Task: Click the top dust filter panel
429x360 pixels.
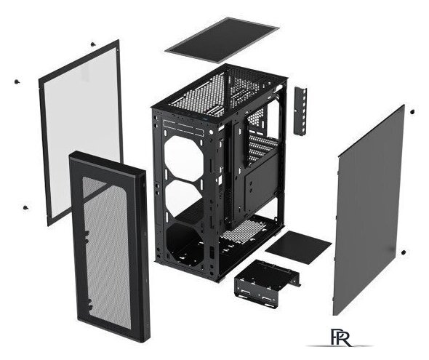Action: pyautogui.click(x=222, y=40)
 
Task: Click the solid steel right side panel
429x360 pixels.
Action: pyautogui.click(x=369, y=211)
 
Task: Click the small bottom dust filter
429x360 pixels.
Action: pyautogui.click(x=298, y=247)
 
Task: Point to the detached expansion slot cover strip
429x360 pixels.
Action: pyautogui.click(x=300, y=111)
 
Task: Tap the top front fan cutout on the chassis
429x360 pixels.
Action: pyautogui.click(x=184, y=155)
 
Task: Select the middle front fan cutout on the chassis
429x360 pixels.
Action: pyautogui.click(x=184, y=197)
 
